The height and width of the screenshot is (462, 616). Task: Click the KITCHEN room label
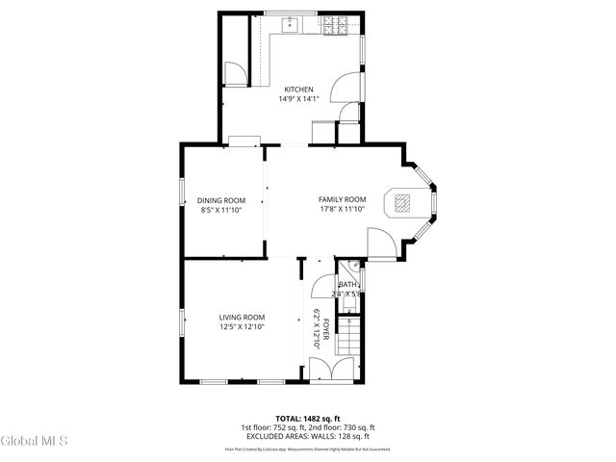pos(297,90)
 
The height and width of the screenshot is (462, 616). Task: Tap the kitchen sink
pos(289,25)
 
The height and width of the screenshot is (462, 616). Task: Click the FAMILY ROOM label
pos(343,200)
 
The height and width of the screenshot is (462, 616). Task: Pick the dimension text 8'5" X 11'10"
pos(222,210)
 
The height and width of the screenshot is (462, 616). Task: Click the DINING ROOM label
pos(222,200)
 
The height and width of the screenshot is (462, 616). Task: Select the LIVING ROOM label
pos(242,318)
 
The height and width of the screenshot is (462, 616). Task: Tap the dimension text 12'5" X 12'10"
pos(242,327)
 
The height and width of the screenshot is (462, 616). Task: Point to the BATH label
pos(346,285)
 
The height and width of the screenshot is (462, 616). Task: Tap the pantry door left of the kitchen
pos(234,73)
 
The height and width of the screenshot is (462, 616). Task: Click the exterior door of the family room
pos(380,247)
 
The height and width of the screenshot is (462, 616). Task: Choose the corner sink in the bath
pos(353,266)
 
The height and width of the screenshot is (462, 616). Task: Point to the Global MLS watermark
pos(35,441)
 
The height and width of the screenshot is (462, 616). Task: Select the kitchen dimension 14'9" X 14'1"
pos(297,99)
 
